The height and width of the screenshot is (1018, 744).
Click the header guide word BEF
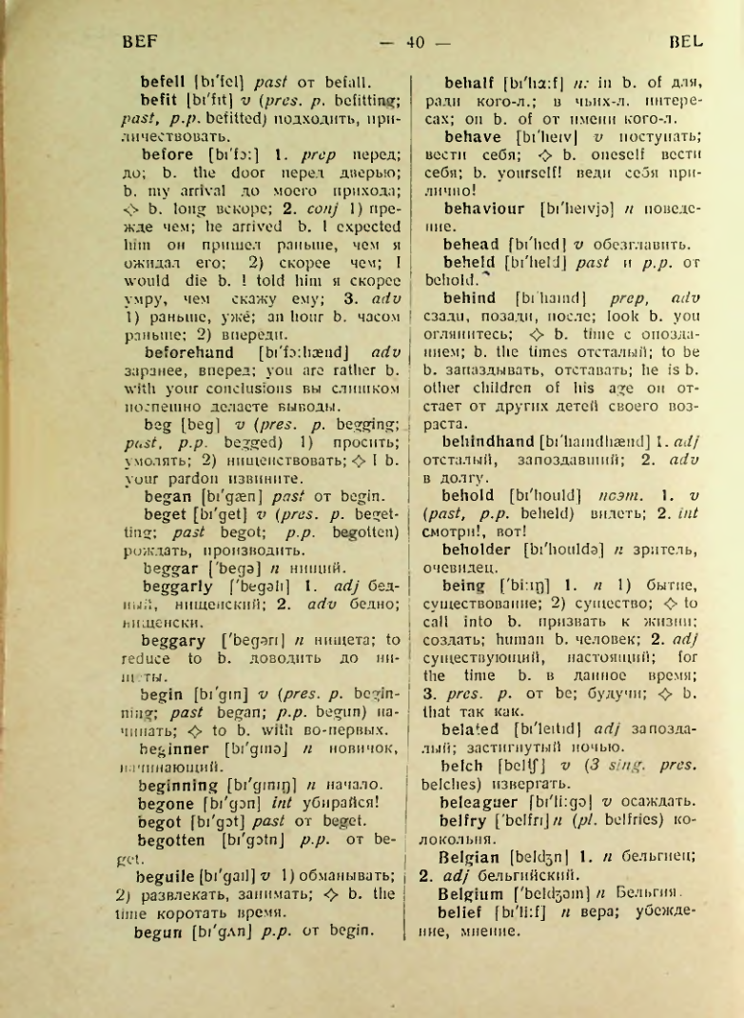click(x=138, y=42)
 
